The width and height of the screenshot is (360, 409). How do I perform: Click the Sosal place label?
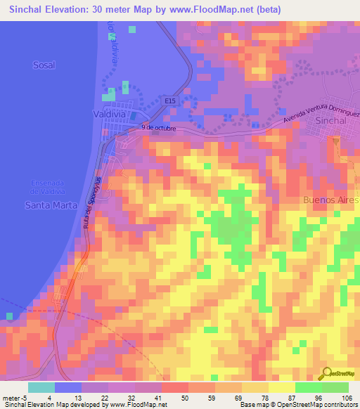(44, 65)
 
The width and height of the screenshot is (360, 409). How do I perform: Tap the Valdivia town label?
(109, 112)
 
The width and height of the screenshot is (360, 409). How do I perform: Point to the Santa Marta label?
(46, 205)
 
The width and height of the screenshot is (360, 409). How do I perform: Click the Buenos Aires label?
(330, 200)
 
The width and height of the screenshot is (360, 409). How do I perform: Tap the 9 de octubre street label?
(157, 128)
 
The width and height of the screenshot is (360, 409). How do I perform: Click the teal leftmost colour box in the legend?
(41, 387)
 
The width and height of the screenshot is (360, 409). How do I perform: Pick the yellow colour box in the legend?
(282, 387)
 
